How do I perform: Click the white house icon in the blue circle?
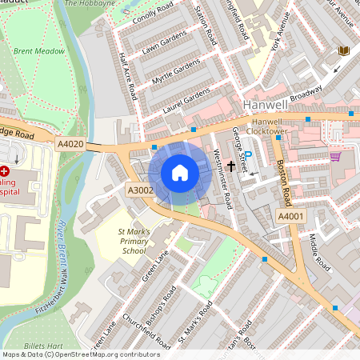click(x=180, y=173)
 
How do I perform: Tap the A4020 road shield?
click(x=70, y=143)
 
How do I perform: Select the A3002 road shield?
click(x=139, y=190)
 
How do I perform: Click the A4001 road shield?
click(x=290, y=216)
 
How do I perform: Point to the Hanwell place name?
click(x=265, y=105)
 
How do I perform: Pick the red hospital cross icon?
click(x=4, y=170)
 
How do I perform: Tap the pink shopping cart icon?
click(x=334, y=157)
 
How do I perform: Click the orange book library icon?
click(x=345, y=51)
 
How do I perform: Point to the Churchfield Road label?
click(x=146, y=331)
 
